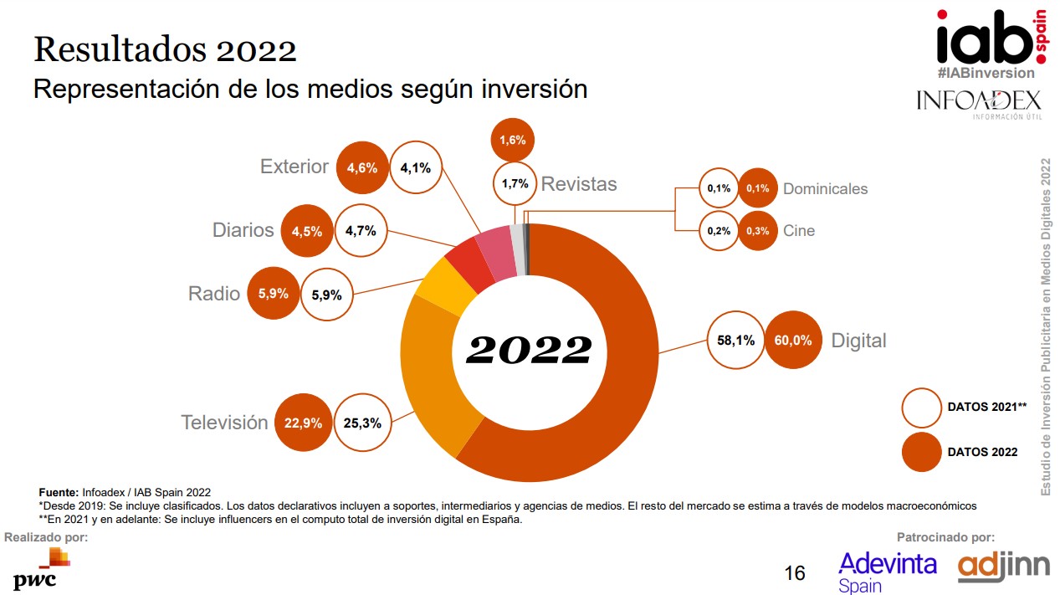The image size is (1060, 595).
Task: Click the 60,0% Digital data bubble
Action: tap(793, 340)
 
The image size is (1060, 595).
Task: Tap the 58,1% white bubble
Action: tap(736, 340)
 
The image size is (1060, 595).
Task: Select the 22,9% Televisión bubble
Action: tap(303, 423)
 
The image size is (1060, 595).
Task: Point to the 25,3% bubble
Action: tap(362, 423)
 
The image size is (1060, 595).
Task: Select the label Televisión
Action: tap(224, 423)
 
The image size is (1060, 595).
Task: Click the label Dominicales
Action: tap(825, 189)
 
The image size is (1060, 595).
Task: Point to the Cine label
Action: tap(798, 231)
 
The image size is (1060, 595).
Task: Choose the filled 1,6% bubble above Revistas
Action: tap(513, 140)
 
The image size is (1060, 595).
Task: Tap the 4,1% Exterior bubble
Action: tap(416, 167)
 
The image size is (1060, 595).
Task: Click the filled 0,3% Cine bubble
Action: tap(758, 231)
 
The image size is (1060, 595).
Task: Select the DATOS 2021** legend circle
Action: tap(921, 407)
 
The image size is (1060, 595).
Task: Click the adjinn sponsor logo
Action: tap(1002, 567)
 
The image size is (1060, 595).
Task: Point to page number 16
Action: tap(795, 573)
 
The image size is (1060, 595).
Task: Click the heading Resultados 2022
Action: tap(165, 50)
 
